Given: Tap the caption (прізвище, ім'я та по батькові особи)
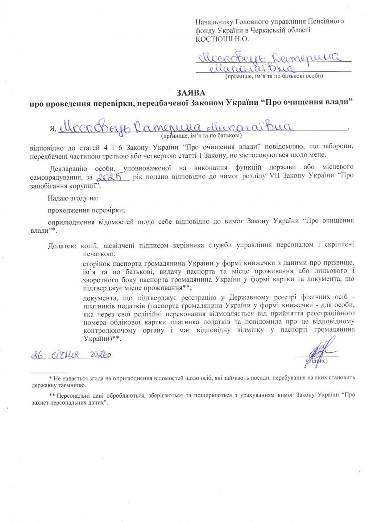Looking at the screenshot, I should click(x=274, y=76).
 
